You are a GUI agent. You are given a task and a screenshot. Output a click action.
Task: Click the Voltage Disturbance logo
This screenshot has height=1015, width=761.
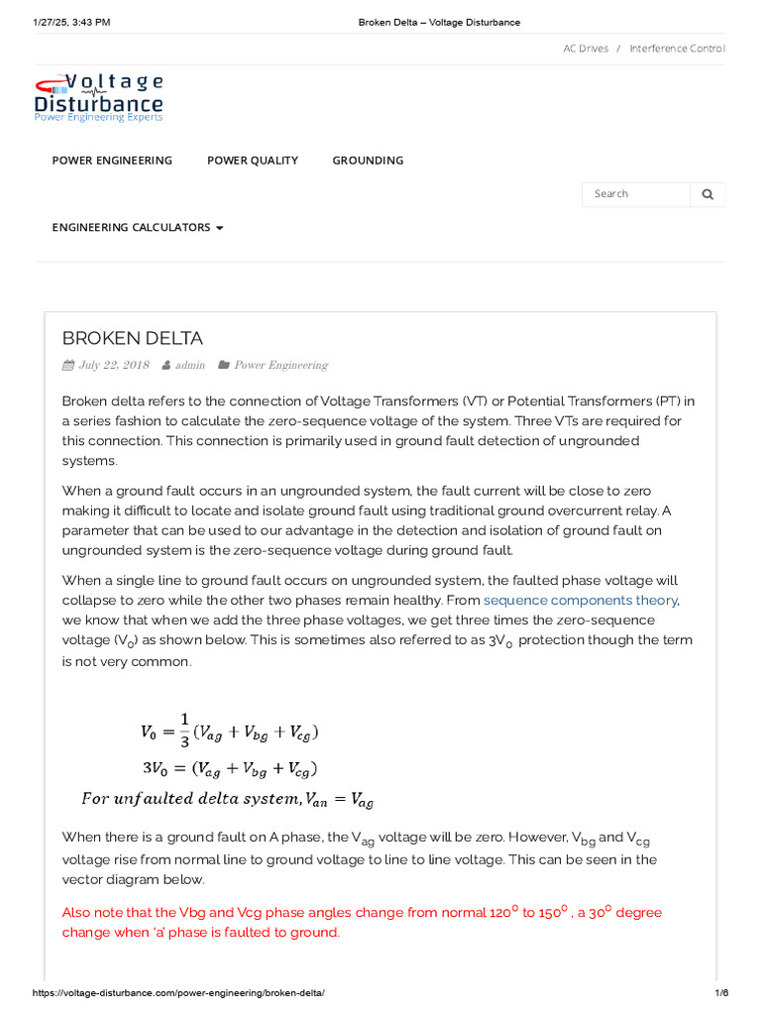click(x=98, y=97)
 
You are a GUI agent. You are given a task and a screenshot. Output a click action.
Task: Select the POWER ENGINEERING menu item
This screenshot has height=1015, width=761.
click(x=112, y=161)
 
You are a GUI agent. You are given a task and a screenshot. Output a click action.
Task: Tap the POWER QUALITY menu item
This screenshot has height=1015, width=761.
click(x=252, y=161)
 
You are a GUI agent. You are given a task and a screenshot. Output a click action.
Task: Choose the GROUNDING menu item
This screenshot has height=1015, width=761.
click(x=368, y=161)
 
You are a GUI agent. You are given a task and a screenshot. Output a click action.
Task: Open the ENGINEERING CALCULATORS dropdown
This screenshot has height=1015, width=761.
click(x=138, y=228)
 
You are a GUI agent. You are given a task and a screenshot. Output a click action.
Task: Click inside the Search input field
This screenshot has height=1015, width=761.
click(x=634, y=194)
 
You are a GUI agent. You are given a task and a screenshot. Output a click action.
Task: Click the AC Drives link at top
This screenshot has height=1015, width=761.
click(x=586, y=49)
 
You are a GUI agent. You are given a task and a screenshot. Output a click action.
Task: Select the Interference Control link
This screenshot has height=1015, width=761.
click(x=677, y=49)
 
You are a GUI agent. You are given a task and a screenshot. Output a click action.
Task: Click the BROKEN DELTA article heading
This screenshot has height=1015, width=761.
click(x=133, y=338)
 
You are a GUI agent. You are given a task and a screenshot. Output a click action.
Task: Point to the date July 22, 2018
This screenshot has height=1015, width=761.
click(x=113, y=365)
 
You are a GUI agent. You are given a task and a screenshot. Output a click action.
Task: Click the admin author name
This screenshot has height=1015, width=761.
click(x=189, y=365)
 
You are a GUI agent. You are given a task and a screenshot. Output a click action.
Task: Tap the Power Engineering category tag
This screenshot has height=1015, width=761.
click(x=280, y=365)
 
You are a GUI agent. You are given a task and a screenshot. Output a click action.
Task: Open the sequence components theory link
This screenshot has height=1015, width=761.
click(x=580, y=601)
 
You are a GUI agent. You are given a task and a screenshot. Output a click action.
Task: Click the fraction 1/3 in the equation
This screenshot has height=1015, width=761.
click(x=183, y=732)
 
